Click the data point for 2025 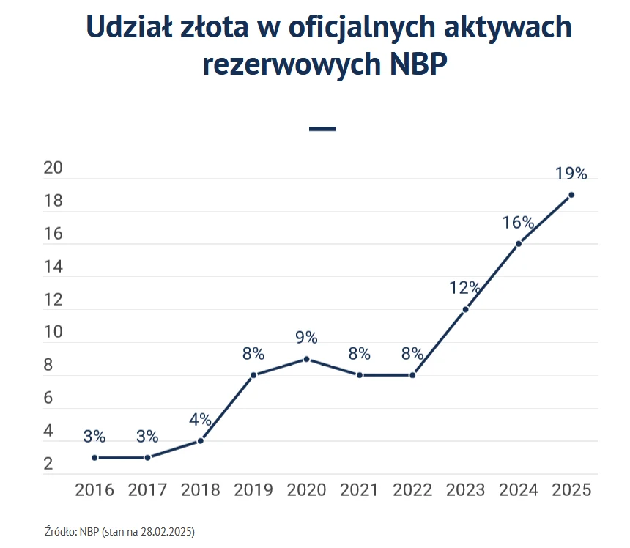coord(571,195)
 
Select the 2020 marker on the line coord(306,359)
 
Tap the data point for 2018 coord(200,441)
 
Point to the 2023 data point coord(465,309)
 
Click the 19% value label coord(571,174)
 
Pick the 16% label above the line coord(518,223)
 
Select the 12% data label coord(464,288)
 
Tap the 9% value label coord(306,338)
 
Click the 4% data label coord(200,420)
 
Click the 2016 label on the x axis coord(94,490)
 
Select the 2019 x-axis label coord(253,490)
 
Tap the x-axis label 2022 coord(412,490)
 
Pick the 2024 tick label coord(519,490)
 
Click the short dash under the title coord(322,129)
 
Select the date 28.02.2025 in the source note coord(170,530)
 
